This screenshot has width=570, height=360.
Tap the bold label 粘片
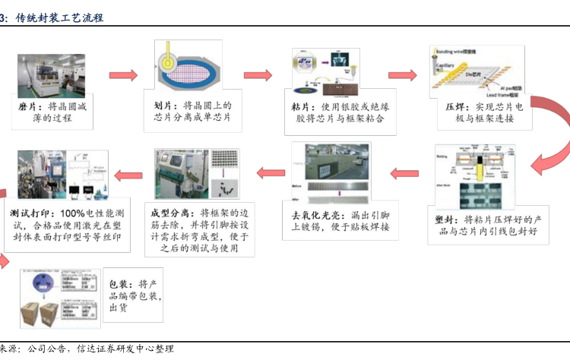[301, 106]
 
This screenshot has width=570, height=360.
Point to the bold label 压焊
[454, 108]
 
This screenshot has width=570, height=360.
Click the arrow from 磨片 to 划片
[122, 75]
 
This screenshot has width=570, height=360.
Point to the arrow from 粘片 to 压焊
[402, 75]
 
